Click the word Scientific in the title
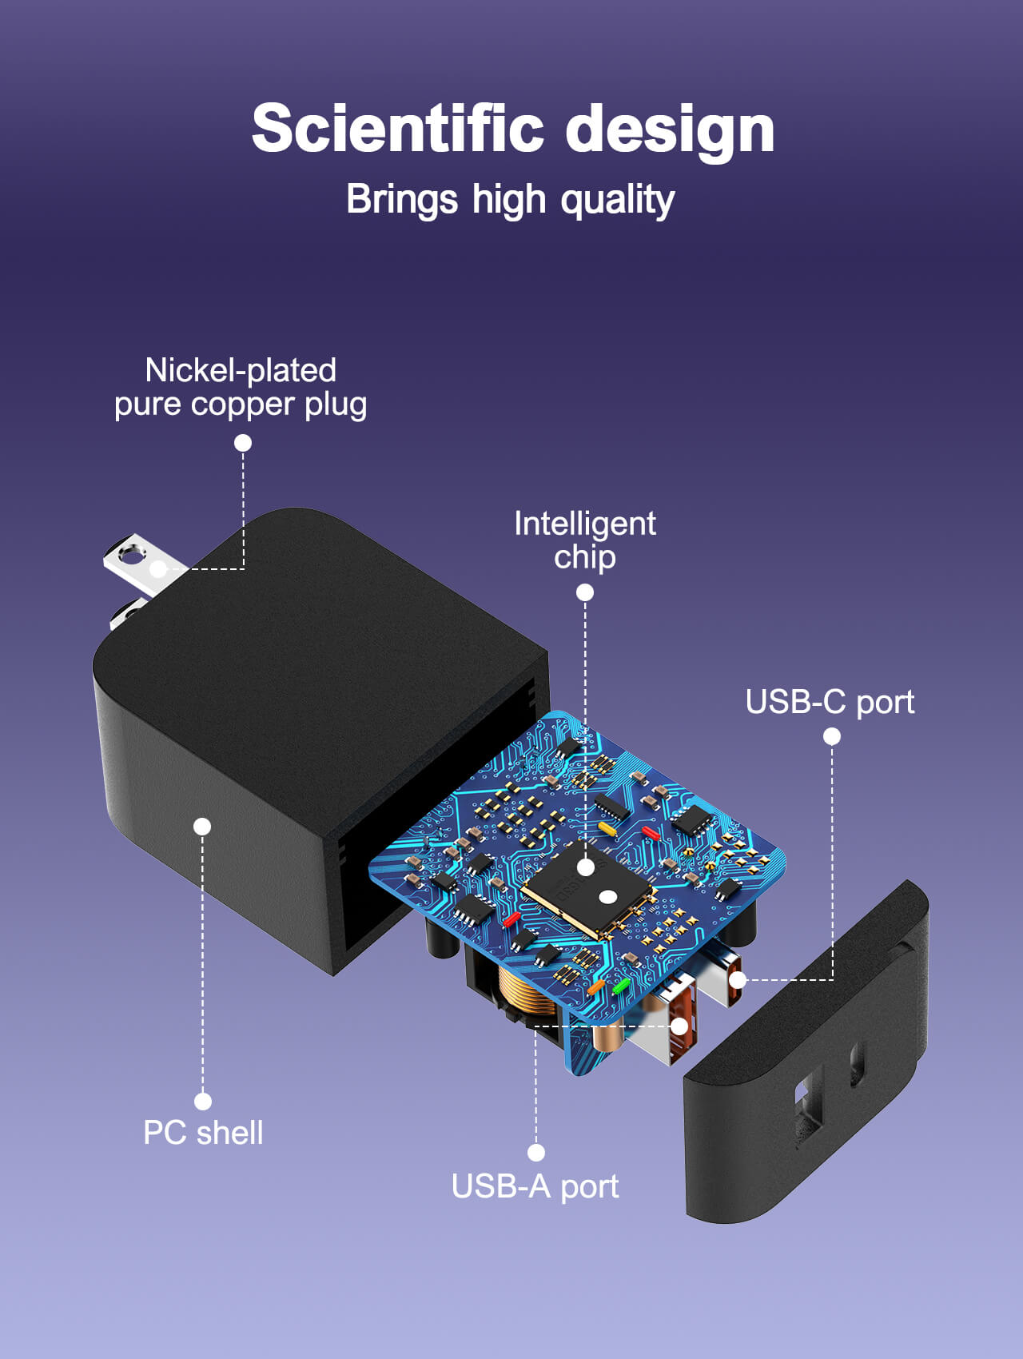[397, 129]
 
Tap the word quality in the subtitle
[617, 200]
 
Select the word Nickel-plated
[241, 370]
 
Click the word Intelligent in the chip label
[584, 524]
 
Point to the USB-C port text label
[830, 702]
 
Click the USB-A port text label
[535, 1186]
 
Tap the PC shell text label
[203, 1133]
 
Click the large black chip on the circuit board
[587, 887]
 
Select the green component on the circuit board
[621, 985]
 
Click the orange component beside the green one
[596, 987]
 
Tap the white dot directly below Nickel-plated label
[243, 443]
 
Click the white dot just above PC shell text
[203, 1102]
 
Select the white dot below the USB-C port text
[832, 736]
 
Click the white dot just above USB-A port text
[536, 1152]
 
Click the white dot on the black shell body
[202, 826]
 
